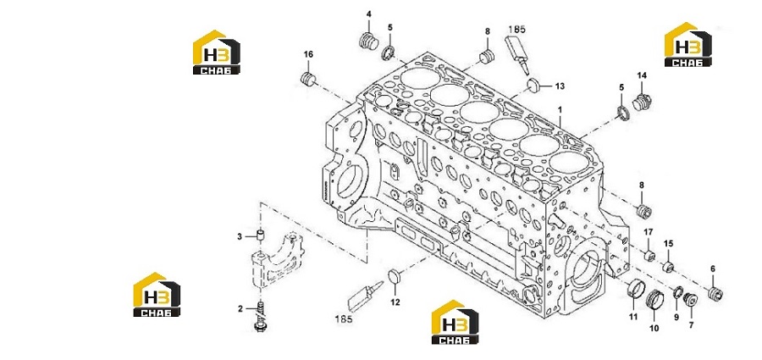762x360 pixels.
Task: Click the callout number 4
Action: pos(368,14)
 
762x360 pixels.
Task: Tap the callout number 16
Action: pos(308,54)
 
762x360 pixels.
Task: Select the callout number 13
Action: pos(560,86)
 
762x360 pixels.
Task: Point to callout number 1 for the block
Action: pos(560,110)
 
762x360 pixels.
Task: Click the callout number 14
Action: pos(642,75)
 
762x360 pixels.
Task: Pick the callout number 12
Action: pos(395,302)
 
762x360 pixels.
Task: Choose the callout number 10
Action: pos(654,329)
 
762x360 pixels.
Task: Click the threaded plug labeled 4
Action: pos(369,42)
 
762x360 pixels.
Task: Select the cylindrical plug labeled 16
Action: pos(308,78)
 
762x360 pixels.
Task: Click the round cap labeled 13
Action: pos(534,86)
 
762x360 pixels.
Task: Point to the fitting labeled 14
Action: pos(642,102)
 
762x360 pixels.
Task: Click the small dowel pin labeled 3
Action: pos(261,236)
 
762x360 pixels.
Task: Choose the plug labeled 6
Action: pos(715,294)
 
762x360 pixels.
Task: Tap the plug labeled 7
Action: pos(690,300)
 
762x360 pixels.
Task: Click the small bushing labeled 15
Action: pos(668,266)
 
